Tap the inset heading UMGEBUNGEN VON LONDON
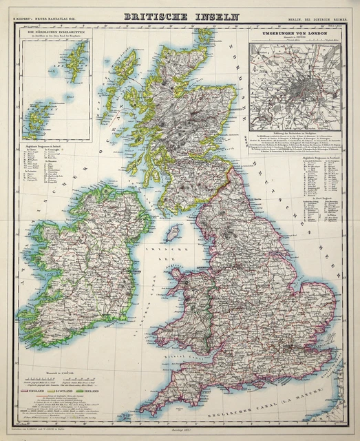pyautogui.click(x=293, y=33)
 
